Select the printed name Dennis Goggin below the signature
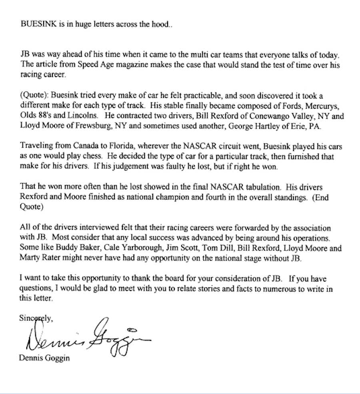(44, 358)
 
